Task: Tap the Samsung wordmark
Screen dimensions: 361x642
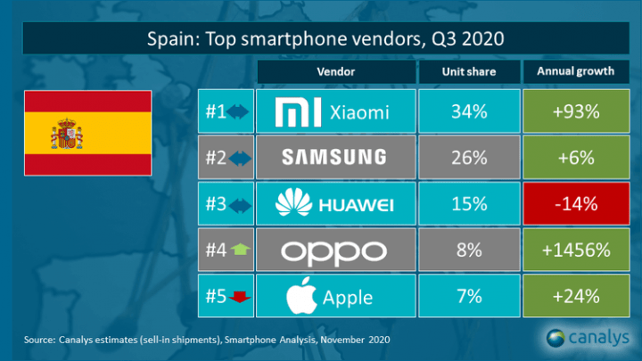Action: click(333, 158)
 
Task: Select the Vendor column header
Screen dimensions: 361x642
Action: click(333, 72)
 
